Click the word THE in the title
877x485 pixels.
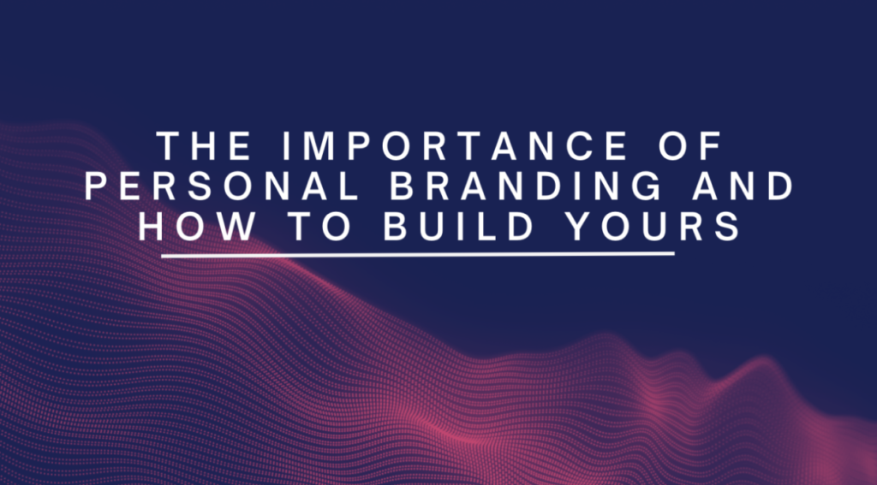(x=204, y=145)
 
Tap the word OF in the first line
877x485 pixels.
(x=691, y=145)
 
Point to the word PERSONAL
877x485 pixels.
(x=222, y=186)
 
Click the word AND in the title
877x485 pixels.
(x=743, y=186)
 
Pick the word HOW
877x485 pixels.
(x=196, y=227)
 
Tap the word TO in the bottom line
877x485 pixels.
(x=319, y=227)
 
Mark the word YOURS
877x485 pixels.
(x=653, y=227)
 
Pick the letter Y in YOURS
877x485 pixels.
(x=578, y=227)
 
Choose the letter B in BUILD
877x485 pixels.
(x=396, y=227)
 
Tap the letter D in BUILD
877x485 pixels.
(x=521, y=227)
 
